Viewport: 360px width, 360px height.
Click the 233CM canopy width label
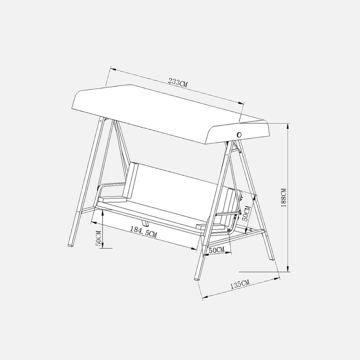178,82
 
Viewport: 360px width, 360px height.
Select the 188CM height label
284,198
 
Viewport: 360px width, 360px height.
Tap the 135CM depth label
240,284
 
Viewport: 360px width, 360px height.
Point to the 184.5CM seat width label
144,232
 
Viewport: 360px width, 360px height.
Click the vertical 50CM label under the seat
98,239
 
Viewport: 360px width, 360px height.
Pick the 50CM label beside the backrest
246,213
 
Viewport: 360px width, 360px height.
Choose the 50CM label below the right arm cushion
216,250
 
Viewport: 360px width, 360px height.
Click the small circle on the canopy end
239,135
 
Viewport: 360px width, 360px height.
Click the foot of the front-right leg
197,279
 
